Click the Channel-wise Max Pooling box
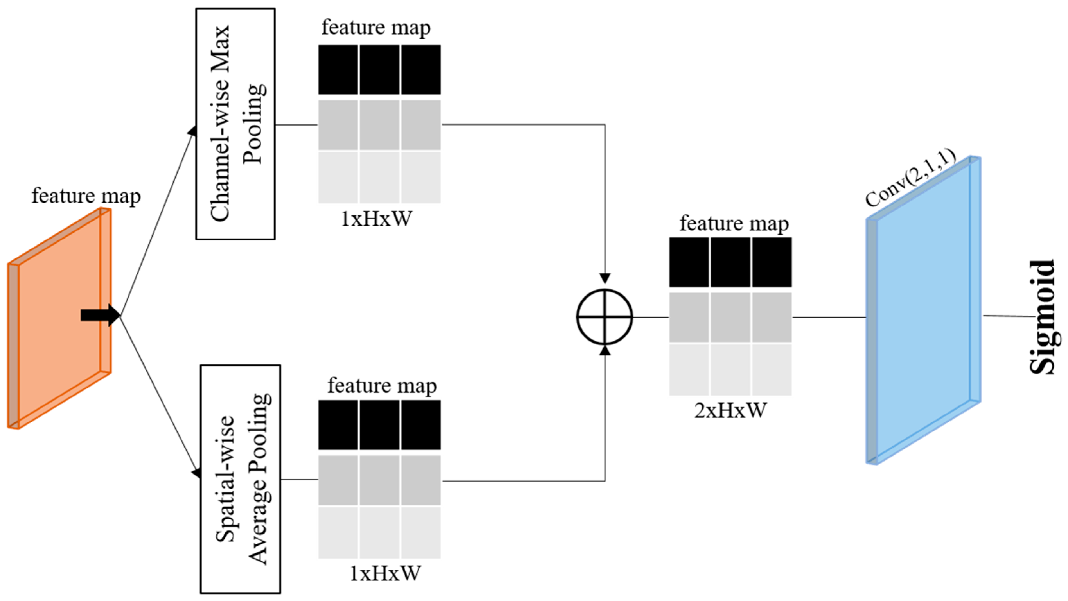(x=235, y=124)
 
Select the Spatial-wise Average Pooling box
(x=241, y=479)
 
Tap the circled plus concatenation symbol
(x=605, y=317)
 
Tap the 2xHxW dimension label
(x=730, y=410)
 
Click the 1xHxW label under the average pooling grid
(x=385, y=573)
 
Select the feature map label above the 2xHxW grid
(x=734, y=223)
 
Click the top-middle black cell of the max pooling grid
(x=379, y=70)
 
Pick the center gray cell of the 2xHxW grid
(x=730, y=317)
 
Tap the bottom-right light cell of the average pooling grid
(x=420, y=532)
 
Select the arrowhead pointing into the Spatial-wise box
(x=197, y=473)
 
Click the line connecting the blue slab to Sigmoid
(x=1008, y=316)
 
